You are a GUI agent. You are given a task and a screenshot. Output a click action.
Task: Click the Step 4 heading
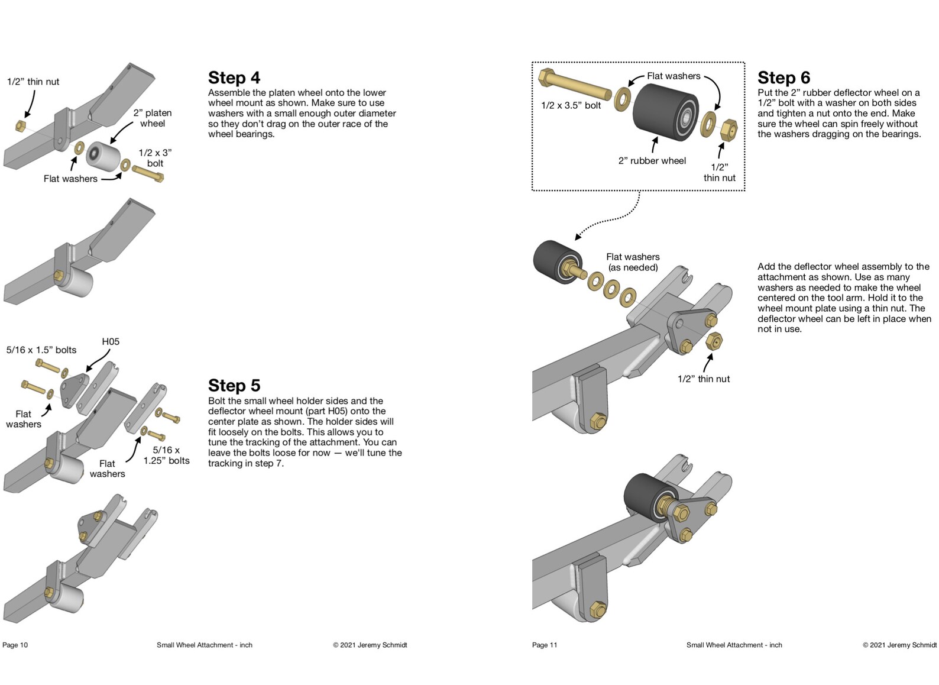click(x=234, y=77)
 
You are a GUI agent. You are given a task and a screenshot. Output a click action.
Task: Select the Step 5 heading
click(x=234, y=386)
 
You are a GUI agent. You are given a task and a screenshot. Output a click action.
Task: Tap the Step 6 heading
click(x=783, y=77)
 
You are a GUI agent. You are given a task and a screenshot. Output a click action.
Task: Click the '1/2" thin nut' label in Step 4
click(x=33, y=82)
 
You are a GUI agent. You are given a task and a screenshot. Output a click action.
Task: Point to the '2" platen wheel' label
click(x=152, y=118)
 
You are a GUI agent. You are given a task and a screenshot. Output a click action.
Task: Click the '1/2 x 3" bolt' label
click(x=155, y=158)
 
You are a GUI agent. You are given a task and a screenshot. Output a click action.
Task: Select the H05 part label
click(x=111, y=341)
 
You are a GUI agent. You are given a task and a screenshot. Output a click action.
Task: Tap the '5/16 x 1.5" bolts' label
click(x=41, y=350)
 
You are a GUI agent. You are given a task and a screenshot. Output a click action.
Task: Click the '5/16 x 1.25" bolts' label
click(x=166, y=455)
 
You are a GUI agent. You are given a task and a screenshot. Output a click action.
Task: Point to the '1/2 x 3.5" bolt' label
click(x=571, y=105)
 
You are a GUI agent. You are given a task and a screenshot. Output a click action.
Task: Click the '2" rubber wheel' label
click(x=652, y=160)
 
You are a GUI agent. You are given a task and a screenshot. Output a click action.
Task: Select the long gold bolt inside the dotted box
click(x=574, y=85)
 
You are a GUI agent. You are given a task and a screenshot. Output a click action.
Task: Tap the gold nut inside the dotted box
click(x=729, y=128)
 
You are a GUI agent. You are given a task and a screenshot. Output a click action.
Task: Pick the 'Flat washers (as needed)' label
click(x=633, y=262)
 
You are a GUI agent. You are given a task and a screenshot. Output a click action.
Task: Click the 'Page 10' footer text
click(x=15, y=645)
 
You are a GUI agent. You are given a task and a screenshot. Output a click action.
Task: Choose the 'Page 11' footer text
click(x=545, y=645)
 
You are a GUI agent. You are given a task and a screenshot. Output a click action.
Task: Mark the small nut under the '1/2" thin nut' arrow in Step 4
click(x=19, y=126)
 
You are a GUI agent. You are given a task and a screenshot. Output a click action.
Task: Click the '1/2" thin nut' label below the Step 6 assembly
click(x=703, y=379)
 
